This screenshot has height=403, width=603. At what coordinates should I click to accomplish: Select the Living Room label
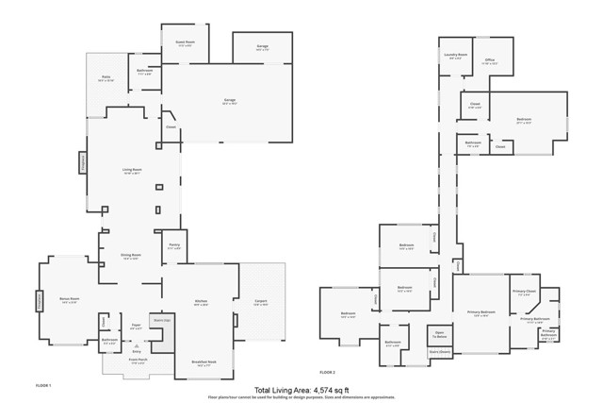tap(131, 171)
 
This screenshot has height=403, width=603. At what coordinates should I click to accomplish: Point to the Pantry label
tap(174, 247)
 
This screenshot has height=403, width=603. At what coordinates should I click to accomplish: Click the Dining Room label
tap(131, 256)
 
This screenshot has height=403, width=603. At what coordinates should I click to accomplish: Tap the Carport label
tap(261, 303)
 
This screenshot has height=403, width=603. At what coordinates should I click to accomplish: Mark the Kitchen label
tap(200, 303)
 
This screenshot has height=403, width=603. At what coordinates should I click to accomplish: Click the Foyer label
tap(136, 326)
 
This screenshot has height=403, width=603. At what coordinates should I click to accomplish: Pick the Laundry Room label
tap(456, 56)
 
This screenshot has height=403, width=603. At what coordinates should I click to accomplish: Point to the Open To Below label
tap(439, 336)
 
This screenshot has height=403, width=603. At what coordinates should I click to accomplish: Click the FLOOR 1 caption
tap(43, 386)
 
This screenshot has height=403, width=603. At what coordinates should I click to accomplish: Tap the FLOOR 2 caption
tap(327, 373)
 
